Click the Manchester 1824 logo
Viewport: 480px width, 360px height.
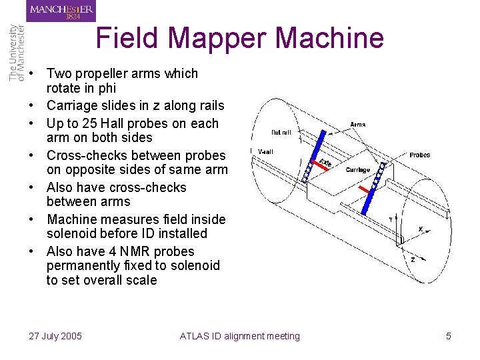(61, 11)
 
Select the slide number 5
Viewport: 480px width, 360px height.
(448, 336)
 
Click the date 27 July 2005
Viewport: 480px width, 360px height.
(55, 336)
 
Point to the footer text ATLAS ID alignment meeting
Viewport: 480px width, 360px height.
(240, 336)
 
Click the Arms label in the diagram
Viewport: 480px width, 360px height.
(357, 124)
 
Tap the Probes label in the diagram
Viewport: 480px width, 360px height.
(419, 155)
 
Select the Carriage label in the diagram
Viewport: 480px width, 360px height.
(357, 170)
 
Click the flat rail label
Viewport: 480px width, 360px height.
(280, 132)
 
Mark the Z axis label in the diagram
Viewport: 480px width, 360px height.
(413, 259)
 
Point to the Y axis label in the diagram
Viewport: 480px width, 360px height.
(390, 218)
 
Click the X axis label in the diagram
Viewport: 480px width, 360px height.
(420, 229)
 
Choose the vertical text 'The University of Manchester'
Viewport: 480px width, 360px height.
(17, 53)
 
